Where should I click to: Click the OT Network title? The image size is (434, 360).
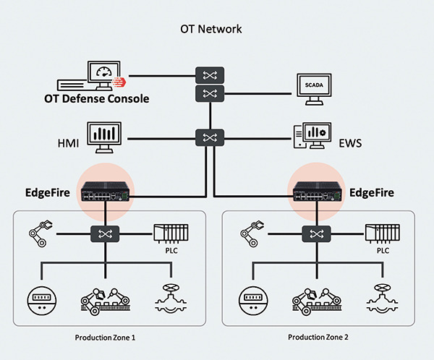(210, 30)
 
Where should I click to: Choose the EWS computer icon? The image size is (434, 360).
(312, 137)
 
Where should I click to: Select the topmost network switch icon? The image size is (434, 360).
(210, 74)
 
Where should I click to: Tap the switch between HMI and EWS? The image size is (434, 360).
(210, 136)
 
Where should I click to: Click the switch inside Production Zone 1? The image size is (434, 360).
(106, 233)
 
